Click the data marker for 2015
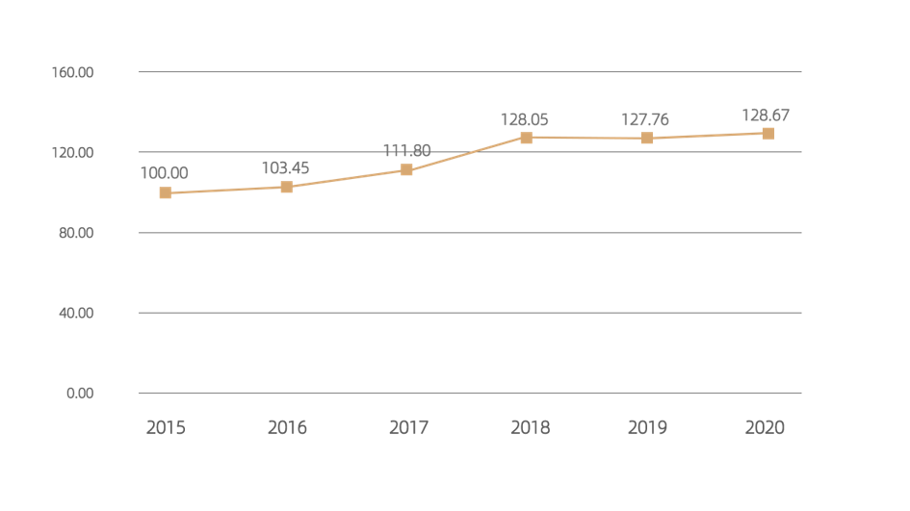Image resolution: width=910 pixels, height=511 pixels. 166,193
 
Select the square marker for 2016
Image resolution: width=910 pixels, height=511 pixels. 286,187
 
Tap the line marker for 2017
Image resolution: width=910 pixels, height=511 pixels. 406,170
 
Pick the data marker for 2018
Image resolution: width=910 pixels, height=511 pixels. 526,138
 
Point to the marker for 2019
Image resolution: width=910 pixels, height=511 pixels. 647,139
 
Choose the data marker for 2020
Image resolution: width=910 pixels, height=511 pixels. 767,134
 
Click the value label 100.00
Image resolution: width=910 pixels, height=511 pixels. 165,173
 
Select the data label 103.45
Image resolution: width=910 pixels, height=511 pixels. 285,167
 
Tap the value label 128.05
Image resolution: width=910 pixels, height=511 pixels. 524,120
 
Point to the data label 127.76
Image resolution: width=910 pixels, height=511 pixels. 645,120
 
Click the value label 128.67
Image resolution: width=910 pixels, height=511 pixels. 766,115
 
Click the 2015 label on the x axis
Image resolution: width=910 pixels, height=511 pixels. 166,427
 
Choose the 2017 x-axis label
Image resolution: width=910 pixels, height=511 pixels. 407,427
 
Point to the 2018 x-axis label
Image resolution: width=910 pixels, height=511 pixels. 528,427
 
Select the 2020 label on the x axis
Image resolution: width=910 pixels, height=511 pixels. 766,427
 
